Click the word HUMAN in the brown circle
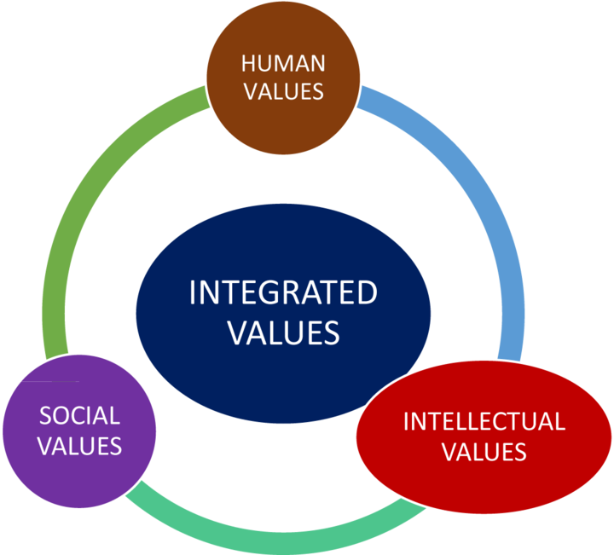pyautogui.click(x=283, y=63)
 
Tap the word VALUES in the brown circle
pyautogui.click(x=283, y=90)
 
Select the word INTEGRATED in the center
pyautogui.click(x=283, y=293)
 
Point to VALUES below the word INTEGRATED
pyautogui.click(x=283, y=332)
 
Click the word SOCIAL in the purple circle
pyautogui.click(x=80, y=416)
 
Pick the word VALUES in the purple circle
pyautogui.click(x=80, y=445)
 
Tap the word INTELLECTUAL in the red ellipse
pyautogui.click(x=484, y=421)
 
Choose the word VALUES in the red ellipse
pyautogui.click(x=484, y=450)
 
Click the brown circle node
pyautogui.click(x=283, y=119)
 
